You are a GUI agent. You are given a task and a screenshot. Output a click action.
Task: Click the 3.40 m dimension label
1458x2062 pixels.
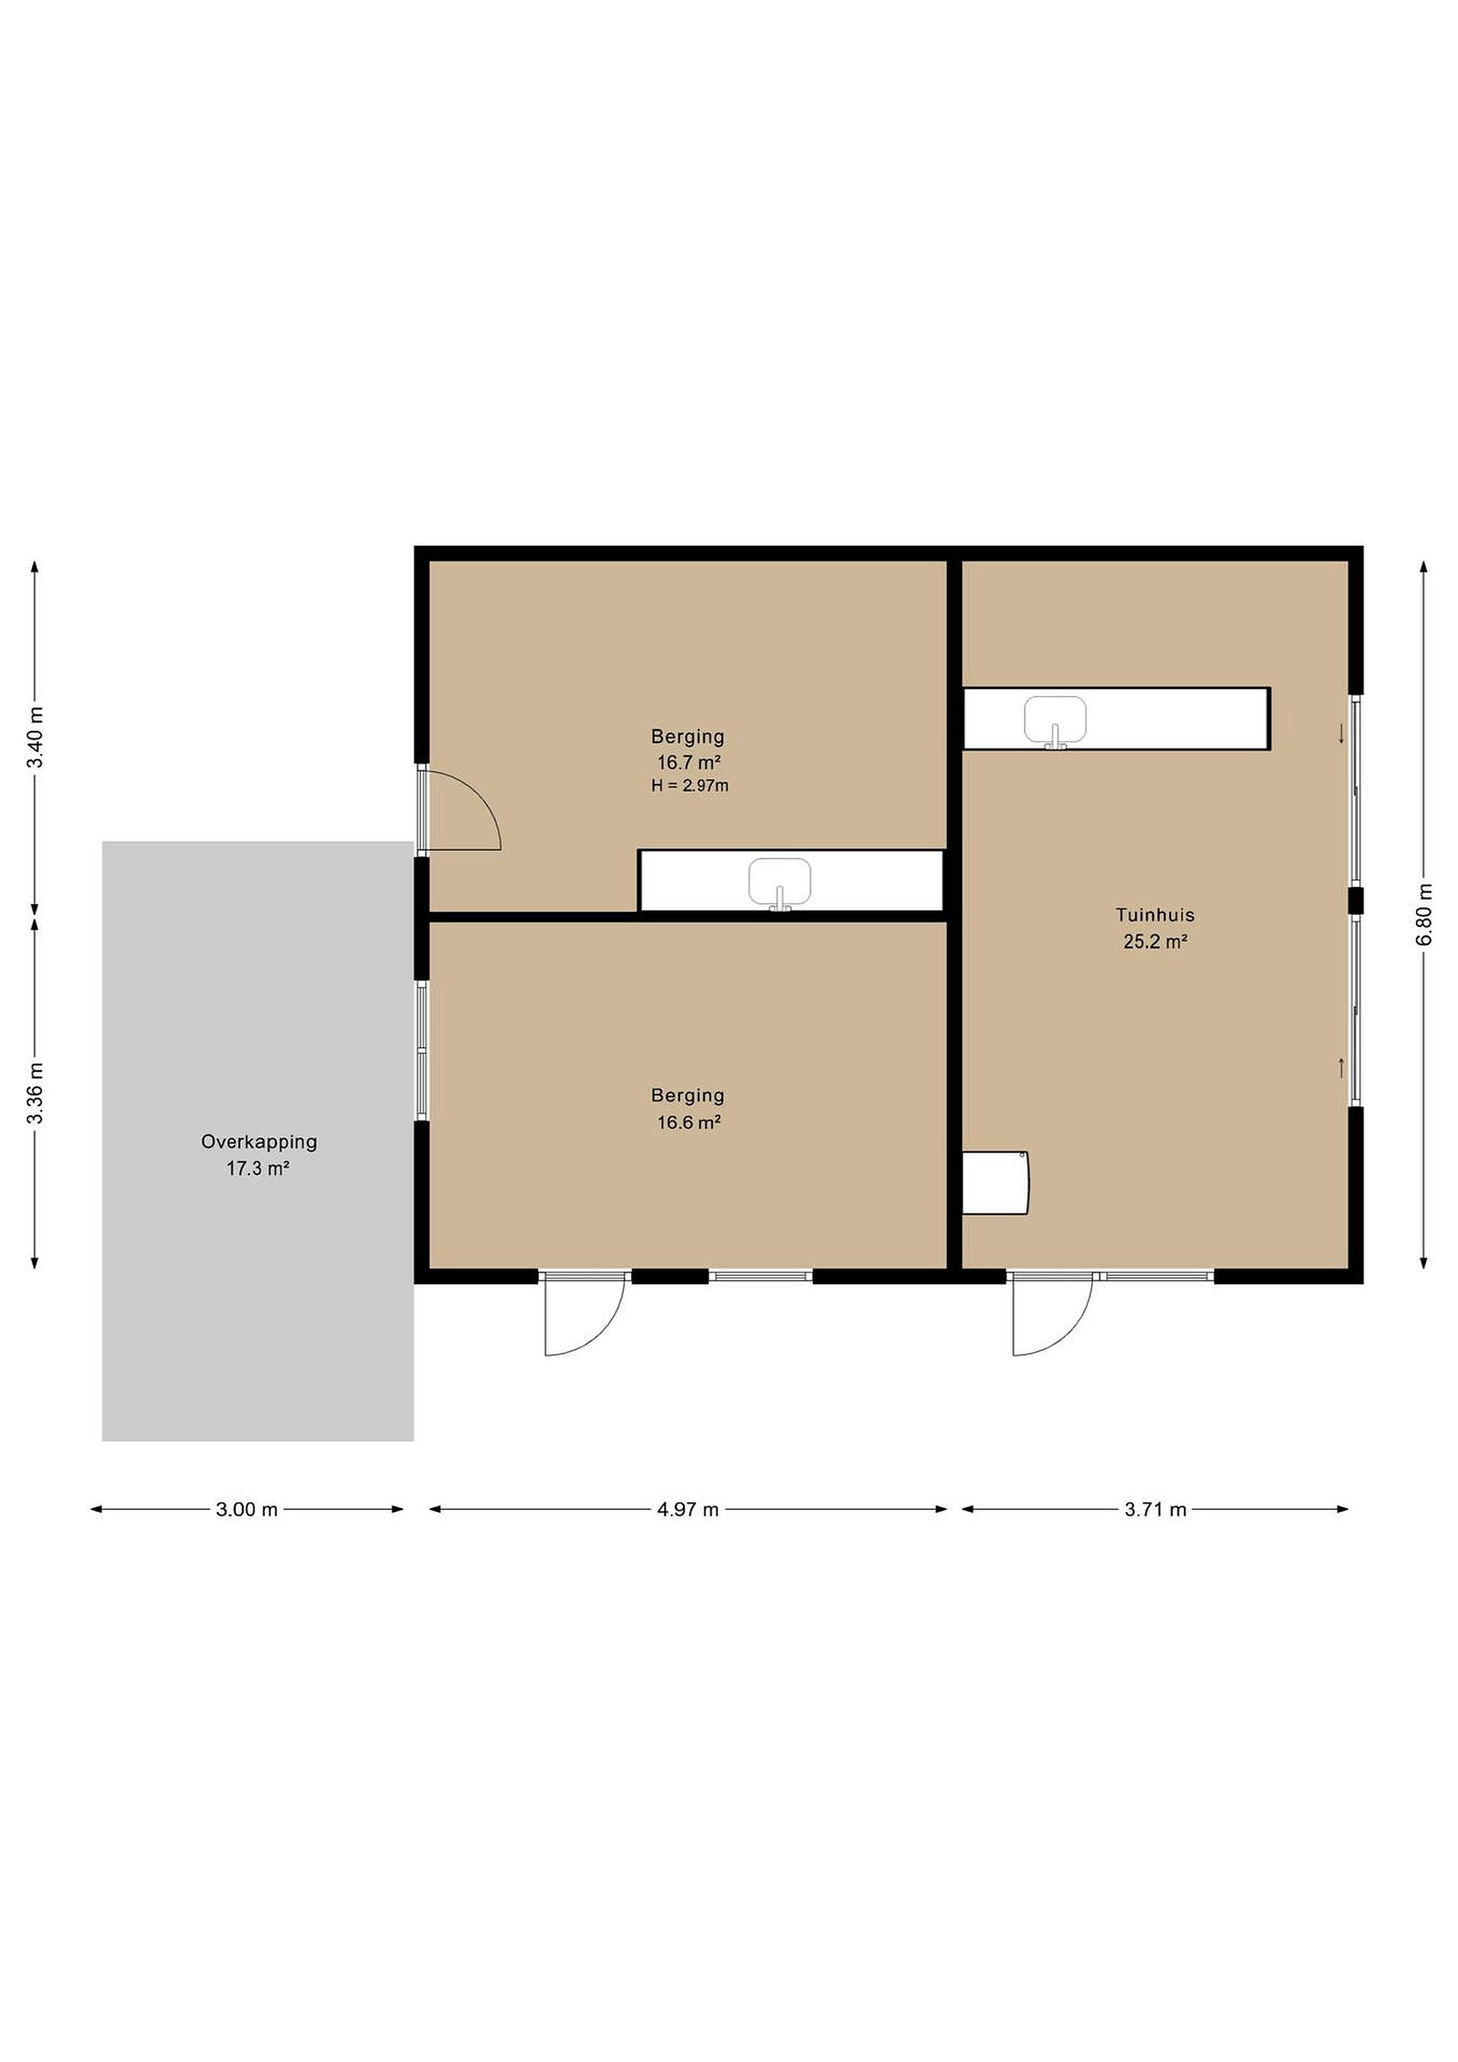(x=35, y=737)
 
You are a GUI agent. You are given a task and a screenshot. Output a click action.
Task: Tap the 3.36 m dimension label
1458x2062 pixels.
(x=35, y=1093)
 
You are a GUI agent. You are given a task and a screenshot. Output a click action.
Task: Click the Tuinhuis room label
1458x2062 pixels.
(x=1155, y=915)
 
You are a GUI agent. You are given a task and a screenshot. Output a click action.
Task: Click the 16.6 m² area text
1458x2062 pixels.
(x=689, y=1123)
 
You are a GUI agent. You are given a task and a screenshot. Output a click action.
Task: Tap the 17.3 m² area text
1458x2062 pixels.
(x=258, y=1169)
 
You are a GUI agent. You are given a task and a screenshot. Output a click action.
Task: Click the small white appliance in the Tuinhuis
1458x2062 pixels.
(x=996, y=1183)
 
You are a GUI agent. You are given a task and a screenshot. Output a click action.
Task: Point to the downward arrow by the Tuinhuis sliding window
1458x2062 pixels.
(x=1341, y=734)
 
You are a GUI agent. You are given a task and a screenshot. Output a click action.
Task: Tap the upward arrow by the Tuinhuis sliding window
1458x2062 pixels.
(x=1341, y=1068)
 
